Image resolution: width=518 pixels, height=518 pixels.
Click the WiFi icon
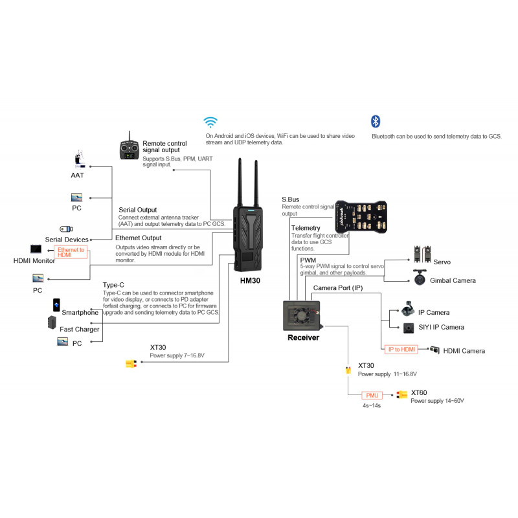click(x=210, y=122)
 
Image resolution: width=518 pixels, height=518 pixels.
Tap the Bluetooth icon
click(x=375, y=121)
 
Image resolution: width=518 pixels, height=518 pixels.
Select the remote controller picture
click(x=129, y=150)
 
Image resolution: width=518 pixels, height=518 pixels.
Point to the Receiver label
click(x=303, y=337)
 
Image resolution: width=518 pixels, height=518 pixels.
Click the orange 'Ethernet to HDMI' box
click(x=71, y=252)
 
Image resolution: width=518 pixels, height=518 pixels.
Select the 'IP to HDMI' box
click(x=401, y=349)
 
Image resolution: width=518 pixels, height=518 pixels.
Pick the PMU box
click(x=372, y=394)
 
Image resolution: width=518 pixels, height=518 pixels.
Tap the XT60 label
click(x=420, y=392)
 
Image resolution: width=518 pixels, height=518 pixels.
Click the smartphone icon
click(x=57, y=304)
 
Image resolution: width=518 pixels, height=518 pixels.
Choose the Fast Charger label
click(x=79, y=329)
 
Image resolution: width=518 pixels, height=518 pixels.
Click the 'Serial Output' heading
click(x=137, y=210)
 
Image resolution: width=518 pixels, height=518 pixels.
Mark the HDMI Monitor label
click(x=34, y=260)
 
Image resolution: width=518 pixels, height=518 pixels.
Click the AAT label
click(x=78, y=175)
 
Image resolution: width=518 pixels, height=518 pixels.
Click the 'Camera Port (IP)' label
click(x=337, y=287)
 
